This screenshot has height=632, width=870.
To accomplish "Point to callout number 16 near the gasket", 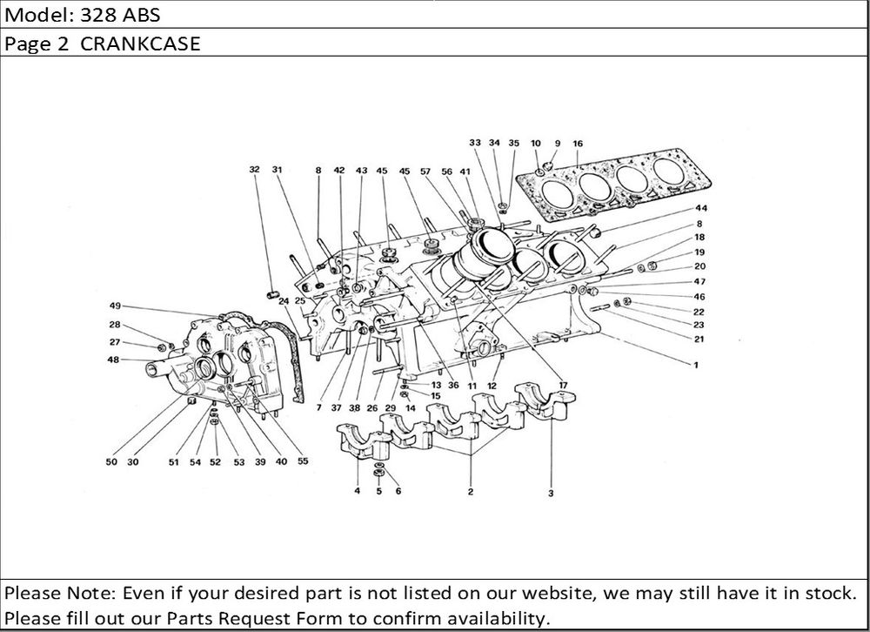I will [x=578, y=143].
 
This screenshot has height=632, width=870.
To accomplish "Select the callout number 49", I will [x=115, y=306].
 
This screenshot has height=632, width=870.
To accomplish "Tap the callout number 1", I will [x=695, y=366].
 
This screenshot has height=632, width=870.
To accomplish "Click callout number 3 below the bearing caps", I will [x=551, y=493].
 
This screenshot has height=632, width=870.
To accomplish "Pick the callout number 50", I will [x=111, y=462].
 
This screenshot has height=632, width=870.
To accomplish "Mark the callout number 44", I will [x=700, y=209].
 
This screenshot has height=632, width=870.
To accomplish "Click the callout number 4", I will [x=357, y=492].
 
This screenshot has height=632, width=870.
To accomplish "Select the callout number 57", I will [x=426, y=171].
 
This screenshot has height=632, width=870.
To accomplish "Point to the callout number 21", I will [x=699, y=339].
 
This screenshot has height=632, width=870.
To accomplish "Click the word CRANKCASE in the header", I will [x=141, y=44].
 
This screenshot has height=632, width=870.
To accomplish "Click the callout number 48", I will [x=115, y=360].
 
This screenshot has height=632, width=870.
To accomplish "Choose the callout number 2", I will [x=470, y=492].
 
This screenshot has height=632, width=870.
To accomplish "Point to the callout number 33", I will [x=474, y=143].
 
